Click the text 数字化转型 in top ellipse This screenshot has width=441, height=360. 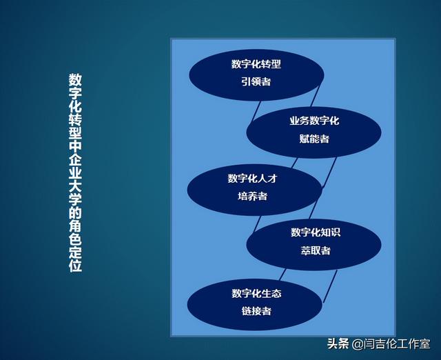pyautogui.click(x=256, y=64)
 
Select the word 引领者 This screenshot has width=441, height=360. pyautogui.click(x=256, y=82)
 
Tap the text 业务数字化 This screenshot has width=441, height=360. pyautogui.click(x=314, y=121)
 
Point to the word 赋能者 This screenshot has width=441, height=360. pyautogui.click(x=314, y=139)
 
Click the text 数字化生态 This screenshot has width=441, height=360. pyautogui.click(x=256, y=293)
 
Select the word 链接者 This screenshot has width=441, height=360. pyautogui.click(x=256, y=311)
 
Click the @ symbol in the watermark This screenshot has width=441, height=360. pyautogui.click(x=358, y=343)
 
